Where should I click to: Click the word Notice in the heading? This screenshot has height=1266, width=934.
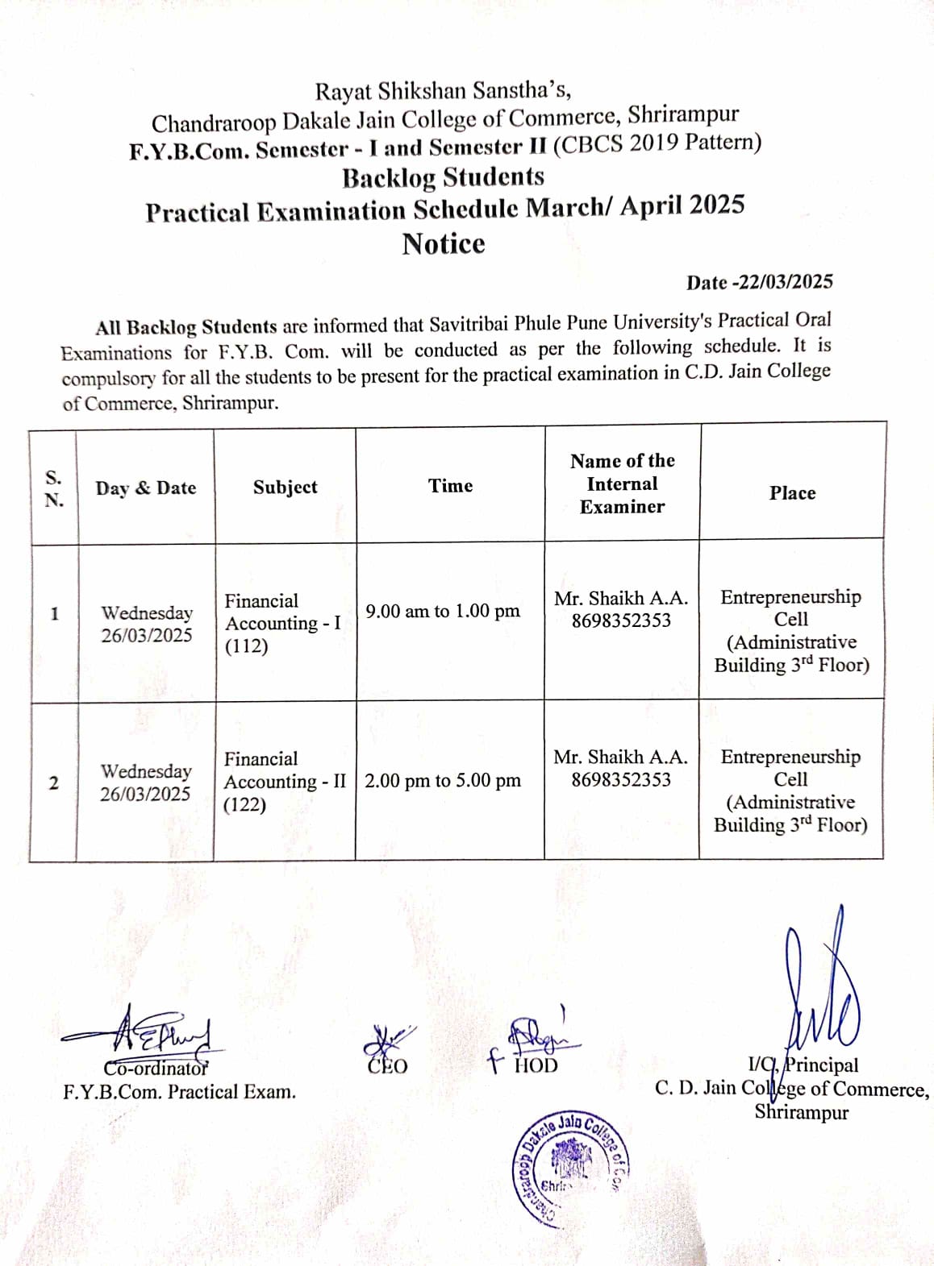[444, 243]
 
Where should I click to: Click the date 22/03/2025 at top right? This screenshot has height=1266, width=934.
[782, 282]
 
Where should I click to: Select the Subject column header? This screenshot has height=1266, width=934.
[285, 487]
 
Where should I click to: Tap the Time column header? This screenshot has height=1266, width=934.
[450, 485]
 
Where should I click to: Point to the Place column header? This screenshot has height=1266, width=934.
[792, 493]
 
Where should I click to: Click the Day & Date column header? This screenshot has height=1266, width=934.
[146, 488]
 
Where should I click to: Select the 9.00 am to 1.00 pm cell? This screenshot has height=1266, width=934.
[442, 611]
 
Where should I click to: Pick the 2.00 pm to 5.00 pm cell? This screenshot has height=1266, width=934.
[442, 780]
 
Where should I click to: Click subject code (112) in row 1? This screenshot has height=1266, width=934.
[246, 646]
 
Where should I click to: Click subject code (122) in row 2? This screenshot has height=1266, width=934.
[244, 804]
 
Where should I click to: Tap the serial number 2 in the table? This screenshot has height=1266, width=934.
[53, 782]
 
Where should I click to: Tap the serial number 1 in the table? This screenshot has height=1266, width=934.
[54, 613]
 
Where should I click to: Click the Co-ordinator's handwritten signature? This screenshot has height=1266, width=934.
[145, 1033]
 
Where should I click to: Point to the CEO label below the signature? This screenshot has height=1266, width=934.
[388, 1067]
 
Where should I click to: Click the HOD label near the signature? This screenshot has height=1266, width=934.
[536, 1066]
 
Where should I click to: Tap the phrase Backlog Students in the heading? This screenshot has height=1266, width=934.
[443, 177]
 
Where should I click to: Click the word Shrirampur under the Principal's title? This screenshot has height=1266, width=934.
[801, 1113]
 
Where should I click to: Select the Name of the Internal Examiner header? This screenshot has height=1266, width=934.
[622, 484]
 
